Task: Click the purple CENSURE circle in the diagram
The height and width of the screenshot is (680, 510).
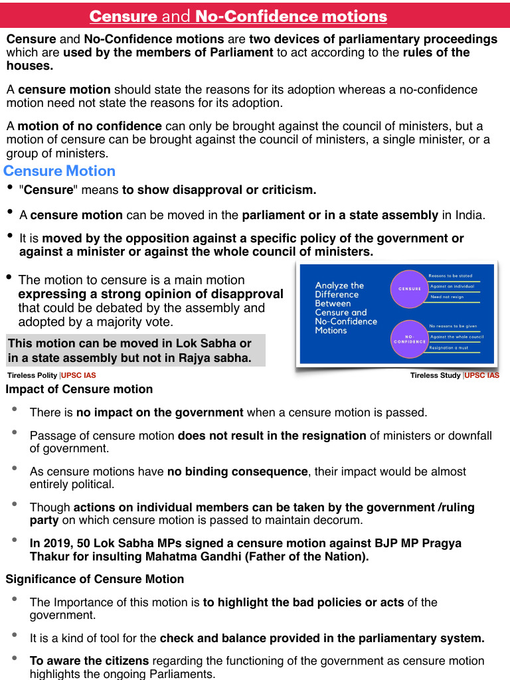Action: click(x=410, y=289)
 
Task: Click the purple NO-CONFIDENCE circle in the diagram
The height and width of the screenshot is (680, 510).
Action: click(x=410, y=339)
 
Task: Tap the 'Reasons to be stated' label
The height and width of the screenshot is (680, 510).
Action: click(x=450, y=276)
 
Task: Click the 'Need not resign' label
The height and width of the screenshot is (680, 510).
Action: click(x=447, y=297)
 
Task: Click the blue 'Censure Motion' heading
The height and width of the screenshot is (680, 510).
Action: click(x=60, y=171)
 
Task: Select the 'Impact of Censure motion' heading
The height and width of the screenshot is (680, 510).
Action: click(x=79, y=389)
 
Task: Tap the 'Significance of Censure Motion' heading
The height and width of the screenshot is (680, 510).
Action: click(x=94, y=579)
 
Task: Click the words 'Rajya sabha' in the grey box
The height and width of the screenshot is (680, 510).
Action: click(x=218, y=358)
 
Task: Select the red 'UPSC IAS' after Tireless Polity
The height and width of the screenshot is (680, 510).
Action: click(x=78, y=375)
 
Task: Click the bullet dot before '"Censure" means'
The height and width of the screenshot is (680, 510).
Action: click(x=10, y=189)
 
